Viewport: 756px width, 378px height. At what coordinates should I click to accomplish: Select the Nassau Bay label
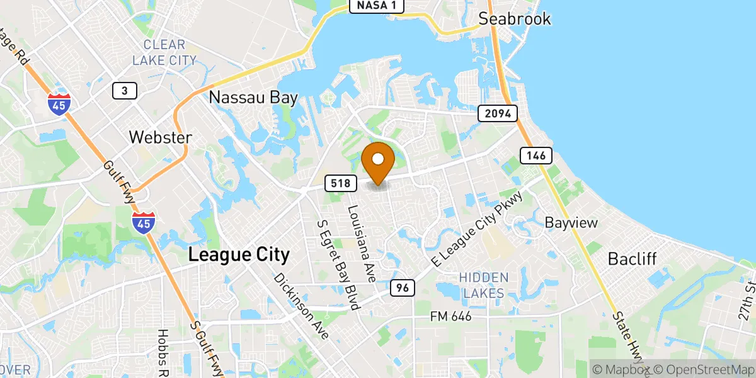click(x=253, y=97)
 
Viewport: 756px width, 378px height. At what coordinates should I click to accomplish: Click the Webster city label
click(x=160, y=137)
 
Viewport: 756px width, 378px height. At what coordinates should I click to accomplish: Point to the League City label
click(x=239, y=255)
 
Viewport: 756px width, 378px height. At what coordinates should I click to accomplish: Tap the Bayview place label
click(x=571, y=223)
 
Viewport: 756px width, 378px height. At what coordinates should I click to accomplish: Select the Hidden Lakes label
click(x=483, y=285)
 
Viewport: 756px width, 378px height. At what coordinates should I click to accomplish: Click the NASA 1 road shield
click(x=376, y=6)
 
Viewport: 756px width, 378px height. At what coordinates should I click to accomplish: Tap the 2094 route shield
click(x=498, y=113)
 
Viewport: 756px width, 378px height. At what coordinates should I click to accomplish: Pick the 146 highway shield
click(x=537, y=154)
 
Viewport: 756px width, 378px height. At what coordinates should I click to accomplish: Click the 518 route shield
click(x=341, y=183)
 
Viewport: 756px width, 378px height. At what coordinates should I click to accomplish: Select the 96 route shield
click(x=402, y=288)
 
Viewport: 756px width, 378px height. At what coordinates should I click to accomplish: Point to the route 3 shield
click(x=125, y=91)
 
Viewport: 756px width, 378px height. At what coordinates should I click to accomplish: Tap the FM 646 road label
click(x=450, y=316)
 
